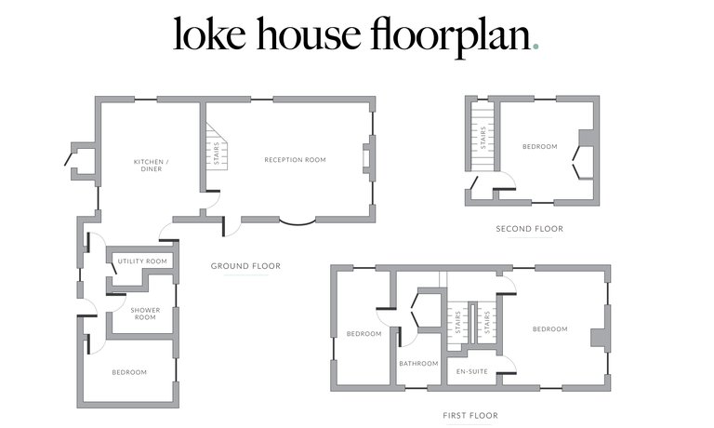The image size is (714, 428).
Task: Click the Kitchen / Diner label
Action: (152, 165)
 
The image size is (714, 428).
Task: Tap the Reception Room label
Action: (295, 160)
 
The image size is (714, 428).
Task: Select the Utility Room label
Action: (142, 261)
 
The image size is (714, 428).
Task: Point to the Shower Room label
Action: (145, 314)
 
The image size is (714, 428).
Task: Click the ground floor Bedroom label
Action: (129, 372)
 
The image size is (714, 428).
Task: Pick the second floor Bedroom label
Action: (539, 146)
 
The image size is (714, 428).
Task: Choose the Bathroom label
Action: (418, 363)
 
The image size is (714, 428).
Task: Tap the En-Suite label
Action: (471, 371)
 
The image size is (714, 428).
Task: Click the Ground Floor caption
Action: (245, 266)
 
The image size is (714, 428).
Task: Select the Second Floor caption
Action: (530, 229)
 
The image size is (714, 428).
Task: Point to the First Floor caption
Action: (470, 416)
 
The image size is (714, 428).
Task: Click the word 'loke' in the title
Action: (209, 33)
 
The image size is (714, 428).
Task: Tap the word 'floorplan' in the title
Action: (451, 37)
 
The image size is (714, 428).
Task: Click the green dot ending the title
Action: (535, 46)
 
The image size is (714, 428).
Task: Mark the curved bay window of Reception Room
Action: (297, 222)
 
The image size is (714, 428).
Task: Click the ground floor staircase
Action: (217, 147)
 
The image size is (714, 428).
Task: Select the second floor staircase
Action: (483, 137)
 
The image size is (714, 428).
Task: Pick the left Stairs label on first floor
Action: (457, 323)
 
